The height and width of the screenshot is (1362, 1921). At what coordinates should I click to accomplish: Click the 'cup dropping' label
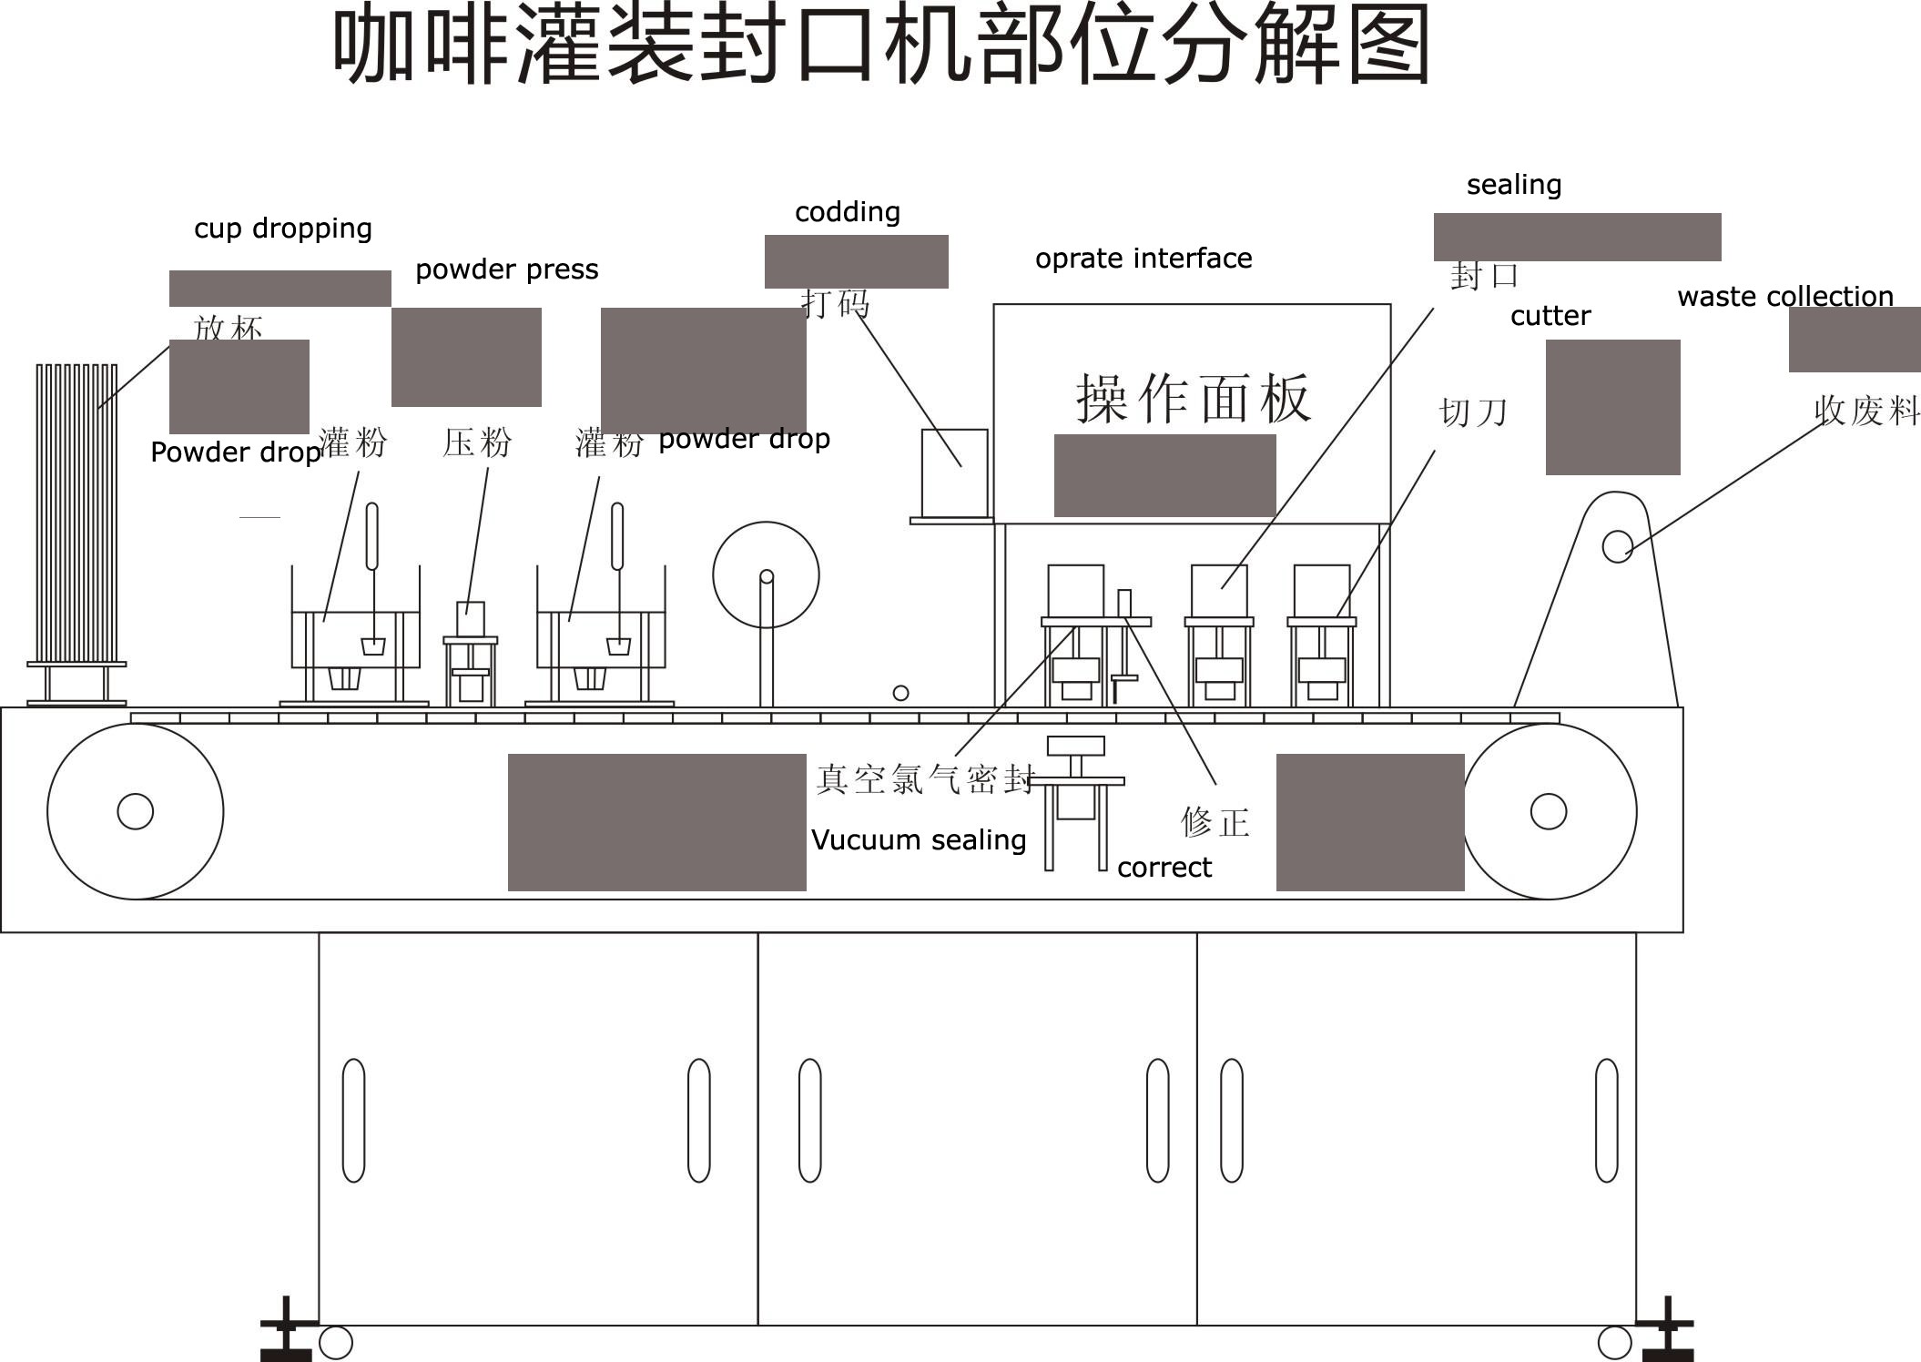(x=283, y=228)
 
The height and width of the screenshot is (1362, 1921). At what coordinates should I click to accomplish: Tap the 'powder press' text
(x=507, y=269)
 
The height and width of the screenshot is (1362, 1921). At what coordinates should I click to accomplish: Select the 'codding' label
(x=848, y=212)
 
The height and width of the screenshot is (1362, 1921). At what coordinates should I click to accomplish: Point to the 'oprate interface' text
(x=1143, y=259)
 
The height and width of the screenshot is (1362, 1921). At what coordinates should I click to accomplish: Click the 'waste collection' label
(x=1785, y=297)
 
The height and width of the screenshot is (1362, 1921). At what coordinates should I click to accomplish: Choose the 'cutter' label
(x=1550, y=316)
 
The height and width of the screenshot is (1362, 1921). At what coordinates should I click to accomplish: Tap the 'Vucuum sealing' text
(x=919, y=839)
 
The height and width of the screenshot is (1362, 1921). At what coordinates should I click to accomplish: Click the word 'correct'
(x=1164, y=868)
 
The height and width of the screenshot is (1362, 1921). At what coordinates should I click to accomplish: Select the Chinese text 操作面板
(x=1194, y=398)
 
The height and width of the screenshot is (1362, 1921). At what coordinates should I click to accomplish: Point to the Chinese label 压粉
(x=478, y=443)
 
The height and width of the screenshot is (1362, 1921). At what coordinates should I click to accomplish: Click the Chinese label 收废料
(x=1866, y=411)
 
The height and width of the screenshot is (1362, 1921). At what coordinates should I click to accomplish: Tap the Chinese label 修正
(x=1215, y=822)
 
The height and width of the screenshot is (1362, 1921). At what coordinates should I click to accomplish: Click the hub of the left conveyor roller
(x=136, y=811)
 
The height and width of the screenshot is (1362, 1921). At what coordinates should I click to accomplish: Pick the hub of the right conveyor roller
(x=1549, y=811)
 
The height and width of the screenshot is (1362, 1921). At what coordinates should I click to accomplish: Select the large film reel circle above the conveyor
(x=766, y=574)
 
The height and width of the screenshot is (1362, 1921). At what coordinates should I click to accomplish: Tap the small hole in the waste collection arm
(x=1618, y=546)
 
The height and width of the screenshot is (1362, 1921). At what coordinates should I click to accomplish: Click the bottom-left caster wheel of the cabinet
(x=336, y=1343)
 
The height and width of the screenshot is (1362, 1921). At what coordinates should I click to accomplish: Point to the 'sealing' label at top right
(x=1514, y=185)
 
